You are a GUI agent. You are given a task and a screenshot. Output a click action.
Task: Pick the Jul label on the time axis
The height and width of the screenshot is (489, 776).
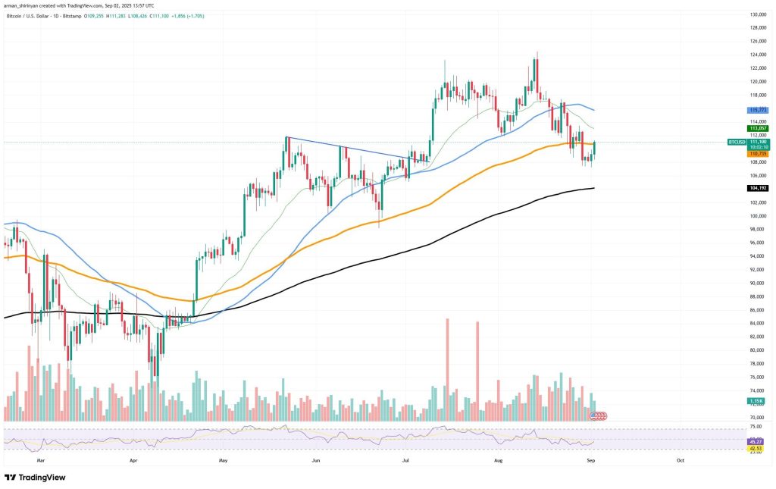[x=406, y=459]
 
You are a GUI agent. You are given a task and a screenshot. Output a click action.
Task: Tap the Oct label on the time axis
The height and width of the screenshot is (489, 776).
[x=680, y=459]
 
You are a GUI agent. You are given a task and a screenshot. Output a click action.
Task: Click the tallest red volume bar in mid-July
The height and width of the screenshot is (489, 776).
[x=447, y=370]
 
